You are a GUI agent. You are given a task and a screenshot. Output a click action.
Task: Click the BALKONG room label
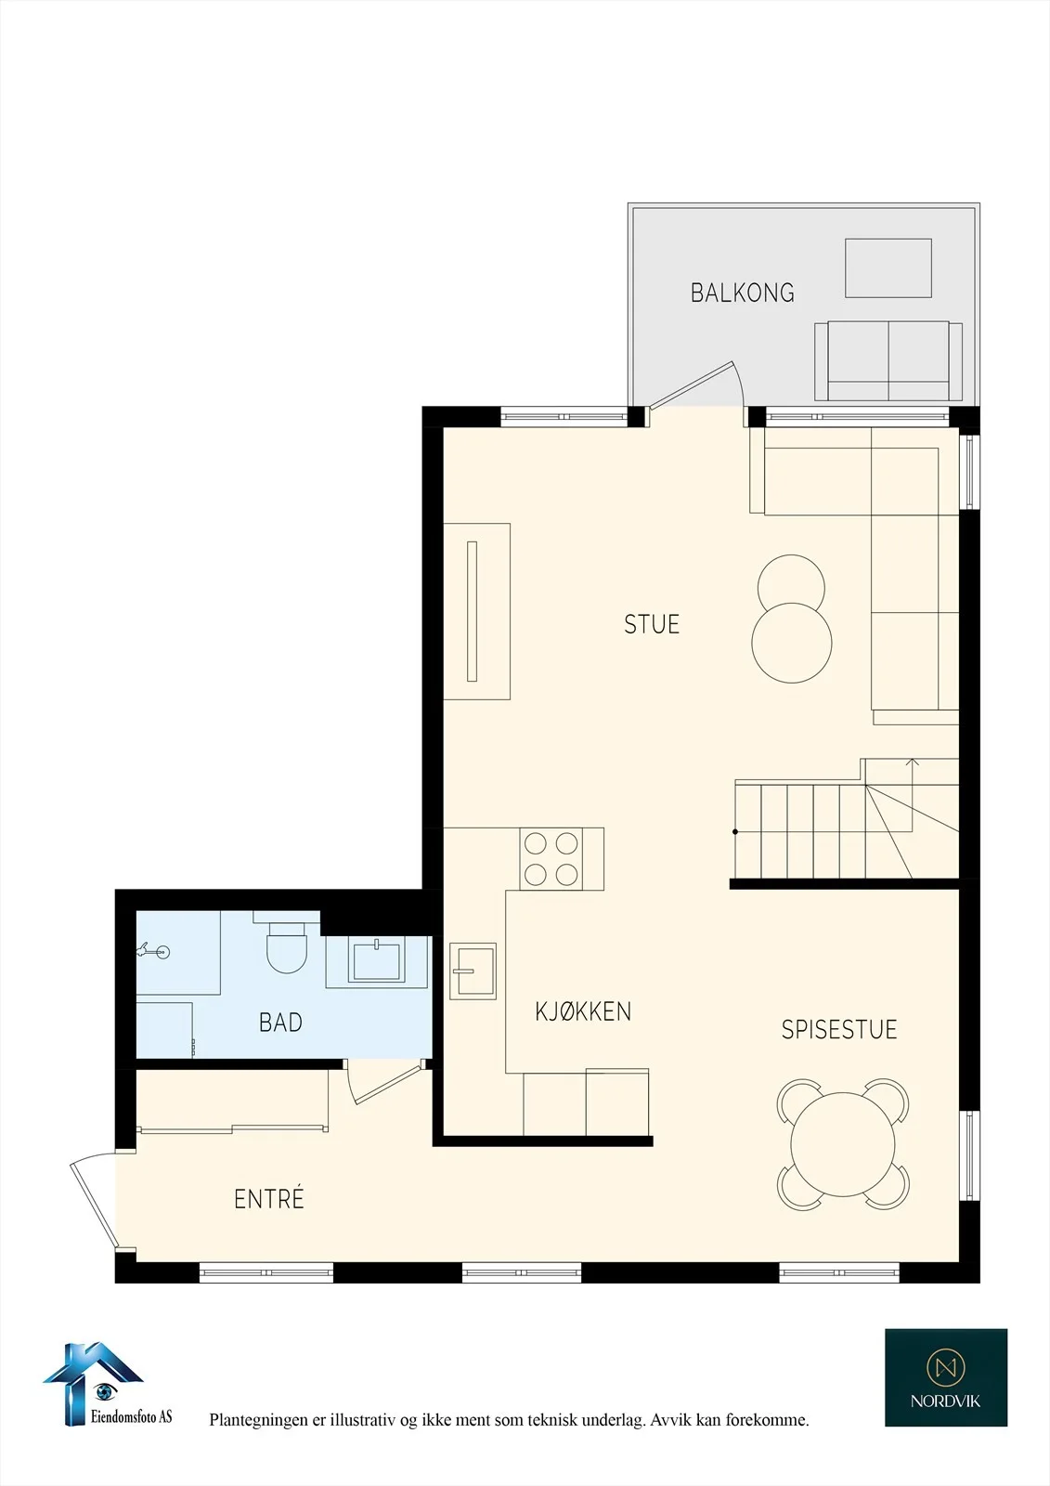click(742, 293)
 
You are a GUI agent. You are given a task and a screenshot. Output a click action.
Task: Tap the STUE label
click(652, 624)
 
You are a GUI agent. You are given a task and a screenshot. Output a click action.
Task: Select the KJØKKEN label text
click(583, 1011)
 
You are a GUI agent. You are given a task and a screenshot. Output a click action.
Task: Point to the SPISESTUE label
click(839, 1030)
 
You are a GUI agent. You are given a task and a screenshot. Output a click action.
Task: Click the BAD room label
click(280, 1023)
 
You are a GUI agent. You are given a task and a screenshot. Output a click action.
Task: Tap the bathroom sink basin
click(376, 961)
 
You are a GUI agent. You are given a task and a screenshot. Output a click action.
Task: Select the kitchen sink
click(473, 971)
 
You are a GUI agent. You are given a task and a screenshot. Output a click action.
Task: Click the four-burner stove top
click(551, 859)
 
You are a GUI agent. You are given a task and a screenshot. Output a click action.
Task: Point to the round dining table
click(842, 1143)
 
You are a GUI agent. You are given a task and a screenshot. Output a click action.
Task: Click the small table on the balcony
click(888, 268)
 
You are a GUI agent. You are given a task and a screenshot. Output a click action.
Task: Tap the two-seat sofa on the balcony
click(888, 361)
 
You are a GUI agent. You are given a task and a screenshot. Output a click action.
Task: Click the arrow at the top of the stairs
click(912, 762)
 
